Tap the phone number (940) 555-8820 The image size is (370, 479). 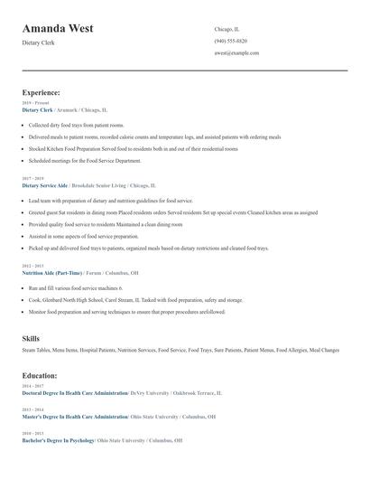230,41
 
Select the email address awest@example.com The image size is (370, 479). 236,52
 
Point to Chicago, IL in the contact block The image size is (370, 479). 227,29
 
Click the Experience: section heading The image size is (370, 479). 41,92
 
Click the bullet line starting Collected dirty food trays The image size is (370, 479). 76,125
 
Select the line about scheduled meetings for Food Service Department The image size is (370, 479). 85,160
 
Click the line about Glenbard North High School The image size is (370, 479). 135,299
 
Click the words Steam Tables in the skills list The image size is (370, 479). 36,350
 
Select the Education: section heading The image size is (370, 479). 39,374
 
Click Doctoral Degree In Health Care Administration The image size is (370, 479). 75,393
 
